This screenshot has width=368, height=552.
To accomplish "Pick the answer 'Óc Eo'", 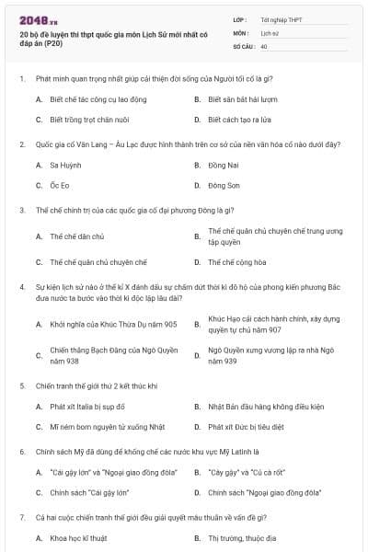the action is point(58,185).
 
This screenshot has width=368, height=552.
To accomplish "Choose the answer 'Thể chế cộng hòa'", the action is point(235,261).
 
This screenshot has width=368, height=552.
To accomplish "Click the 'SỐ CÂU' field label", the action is point(244,45).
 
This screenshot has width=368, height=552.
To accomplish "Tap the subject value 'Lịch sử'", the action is point(270,32).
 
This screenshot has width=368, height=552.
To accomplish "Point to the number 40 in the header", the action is point(264,45).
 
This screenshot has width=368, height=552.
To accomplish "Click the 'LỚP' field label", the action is point(240,18).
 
